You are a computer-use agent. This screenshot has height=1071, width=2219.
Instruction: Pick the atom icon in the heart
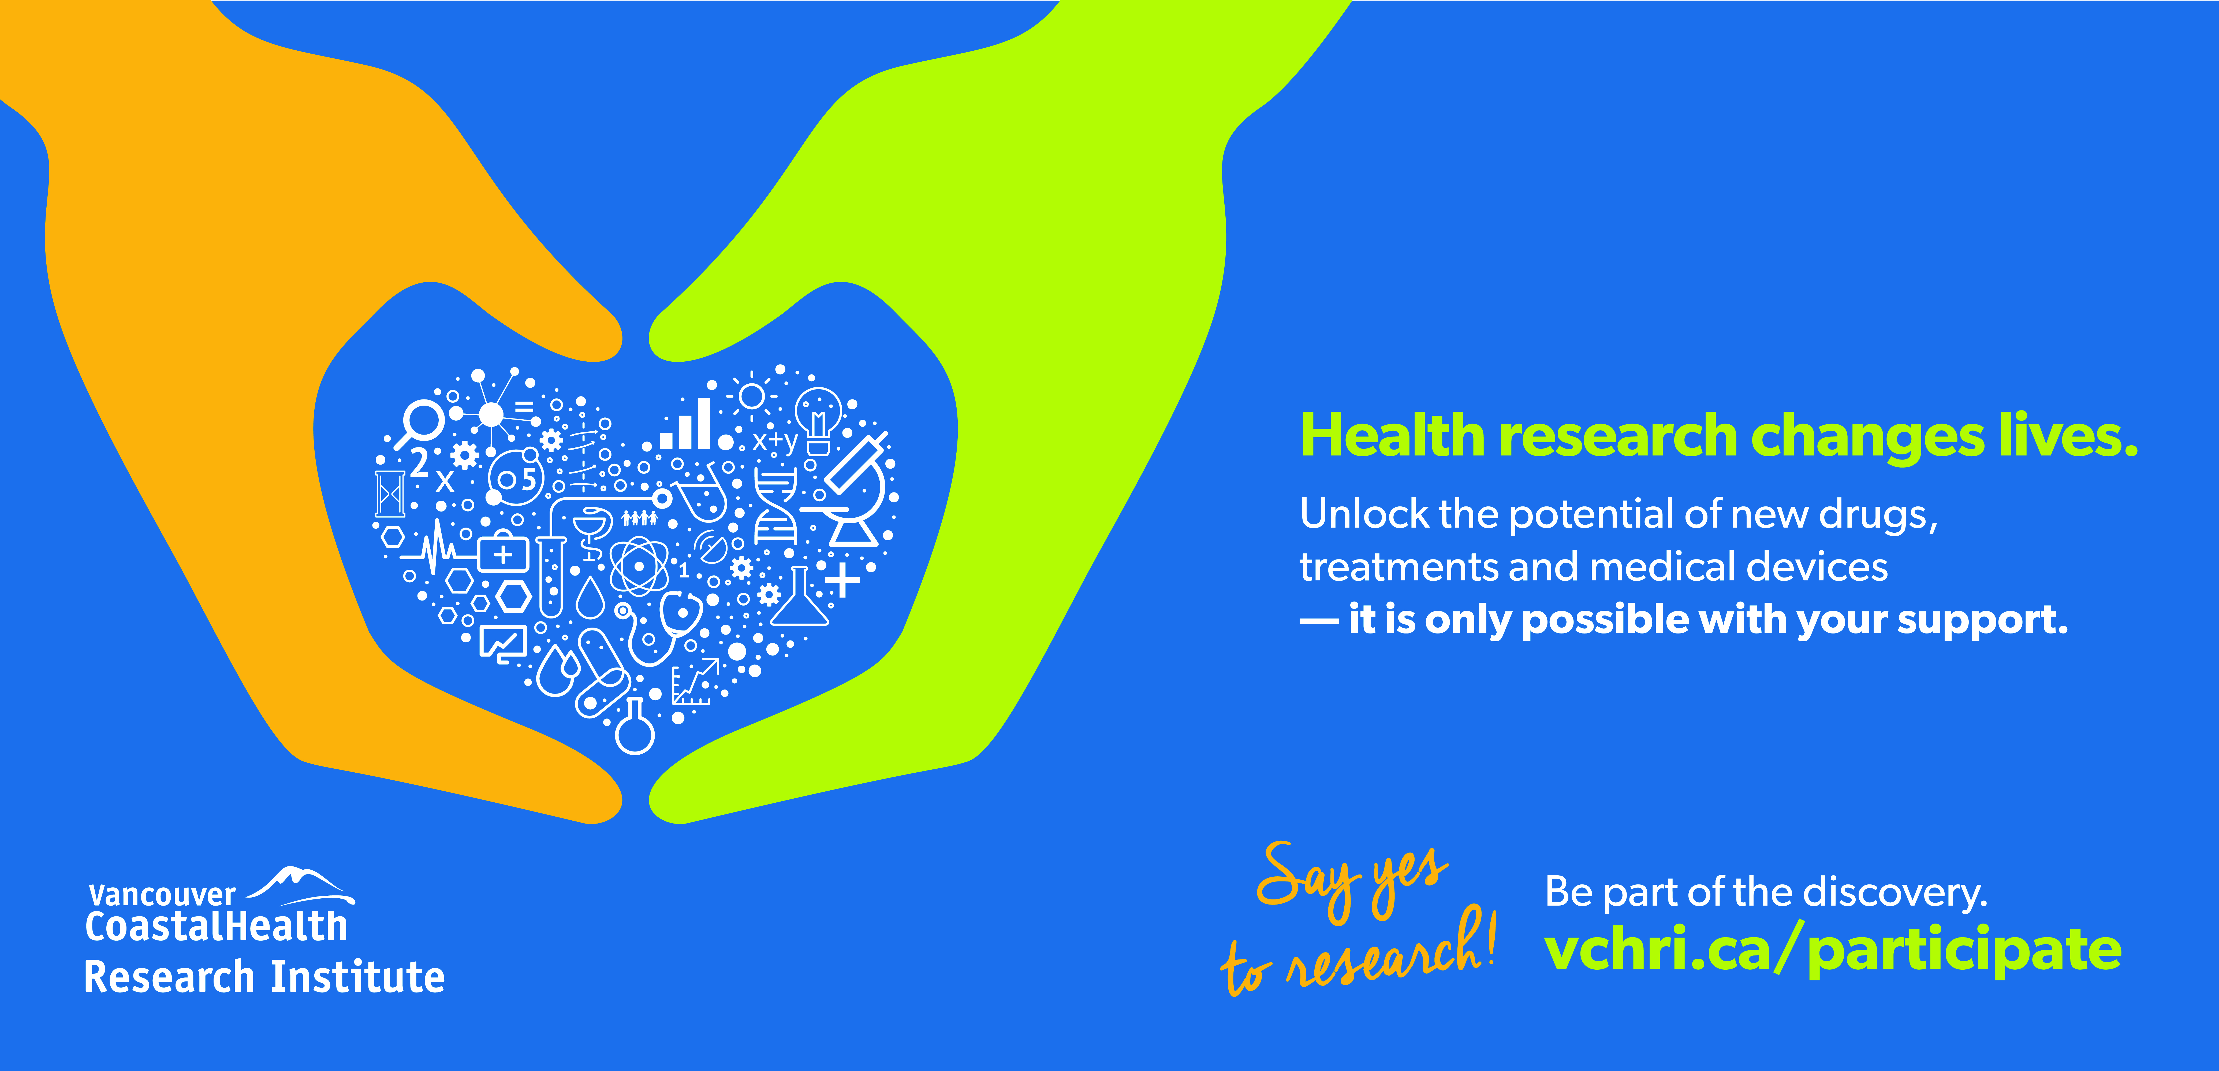point(639,566)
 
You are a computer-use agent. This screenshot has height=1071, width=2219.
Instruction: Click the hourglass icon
point(390,494)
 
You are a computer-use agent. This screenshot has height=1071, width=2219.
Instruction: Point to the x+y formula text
point(775,441)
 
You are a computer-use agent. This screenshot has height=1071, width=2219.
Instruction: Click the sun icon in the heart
point(751,395)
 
